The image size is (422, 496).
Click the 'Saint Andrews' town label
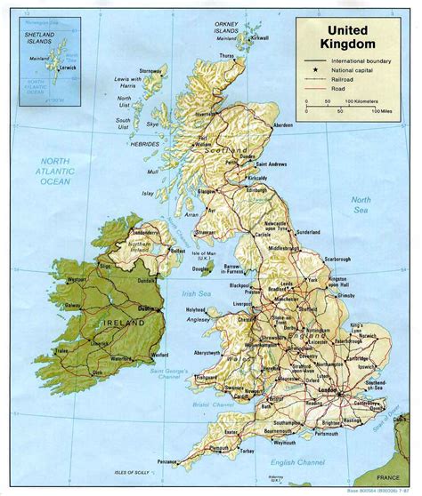[272, 164]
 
